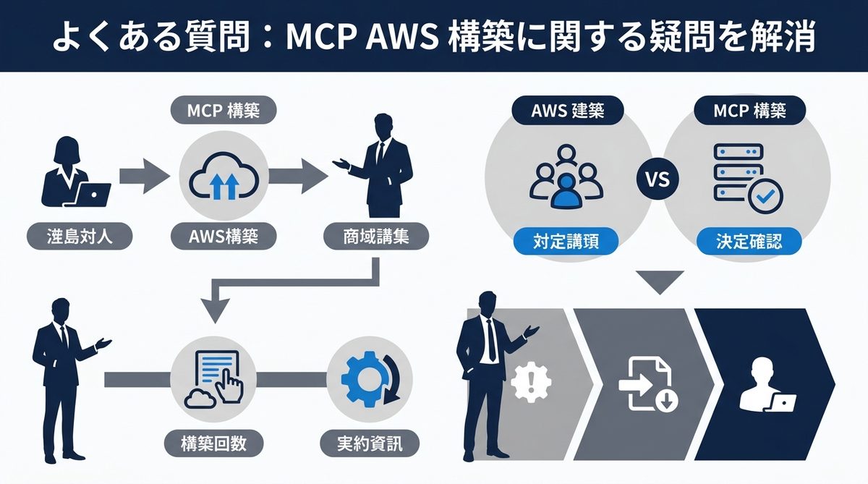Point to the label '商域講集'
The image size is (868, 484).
(375, 237)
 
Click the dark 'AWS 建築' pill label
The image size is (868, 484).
(567, 111)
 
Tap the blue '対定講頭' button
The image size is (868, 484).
(567, 240)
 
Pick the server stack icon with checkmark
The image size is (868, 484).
(742, 176)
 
